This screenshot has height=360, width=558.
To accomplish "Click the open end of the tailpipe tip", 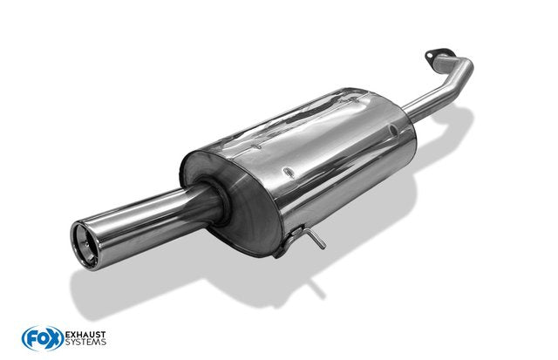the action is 85,246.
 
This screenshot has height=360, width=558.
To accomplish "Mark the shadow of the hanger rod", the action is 316,288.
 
